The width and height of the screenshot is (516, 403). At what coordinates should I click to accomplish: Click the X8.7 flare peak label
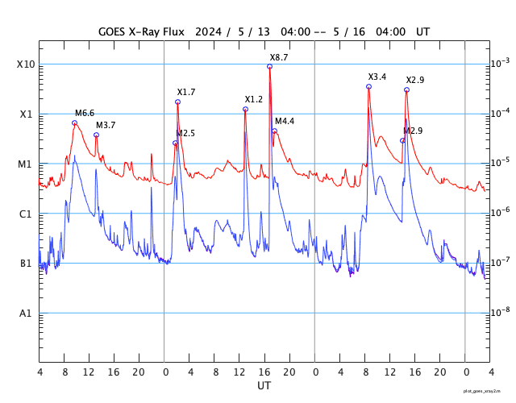pyautogui.click(x=279, y=58)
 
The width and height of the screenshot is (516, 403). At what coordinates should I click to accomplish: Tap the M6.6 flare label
pyautogui.click(x=85, y=114)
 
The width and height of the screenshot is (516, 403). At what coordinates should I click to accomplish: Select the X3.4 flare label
pyautogui.click(x=377, y=77)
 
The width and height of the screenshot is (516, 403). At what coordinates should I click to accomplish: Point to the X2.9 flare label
pyautogui.click(x=415, y=81)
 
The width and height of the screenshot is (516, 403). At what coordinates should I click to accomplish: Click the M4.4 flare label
pyautogui.click(x=285, y=122)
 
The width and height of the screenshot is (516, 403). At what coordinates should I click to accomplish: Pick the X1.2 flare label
pyautogui.click(x=254, y=100)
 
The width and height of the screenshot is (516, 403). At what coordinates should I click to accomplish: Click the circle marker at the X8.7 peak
pyautogui.click(x=269, y=66)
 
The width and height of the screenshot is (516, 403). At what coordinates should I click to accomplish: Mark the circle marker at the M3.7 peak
pyautogui.click(x=96, y=135)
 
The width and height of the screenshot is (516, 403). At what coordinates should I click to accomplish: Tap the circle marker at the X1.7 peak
pyautogui.click(x=177, y=102)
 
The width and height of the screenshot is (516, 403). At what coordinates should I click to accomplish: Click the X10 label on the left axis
pyautogui.click(x=26, y=64)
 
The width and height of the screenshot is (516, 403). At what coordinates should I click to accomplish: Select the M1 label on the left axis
pyautogui.click(x=26, y=164)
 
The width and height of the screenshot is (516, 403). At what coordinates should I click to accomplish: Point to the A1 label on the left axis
pyautogui.click(x=26, y=313)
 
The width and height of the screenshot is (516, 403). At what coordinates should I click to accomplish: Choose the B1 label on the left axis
pyautogui.click(x=26, y=264)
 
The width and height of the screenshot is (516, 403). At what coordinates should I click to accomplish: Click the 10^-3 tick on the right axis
pyautogui.click(x=501, y=63)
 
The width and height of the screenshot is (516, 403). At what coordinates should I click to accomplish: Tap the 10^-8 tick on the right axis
pyautogui.click(x=501, y=311)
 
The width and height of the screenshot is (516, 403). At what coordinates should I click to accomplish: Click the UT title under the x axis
pyautogui.click(x=264, y=386)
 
